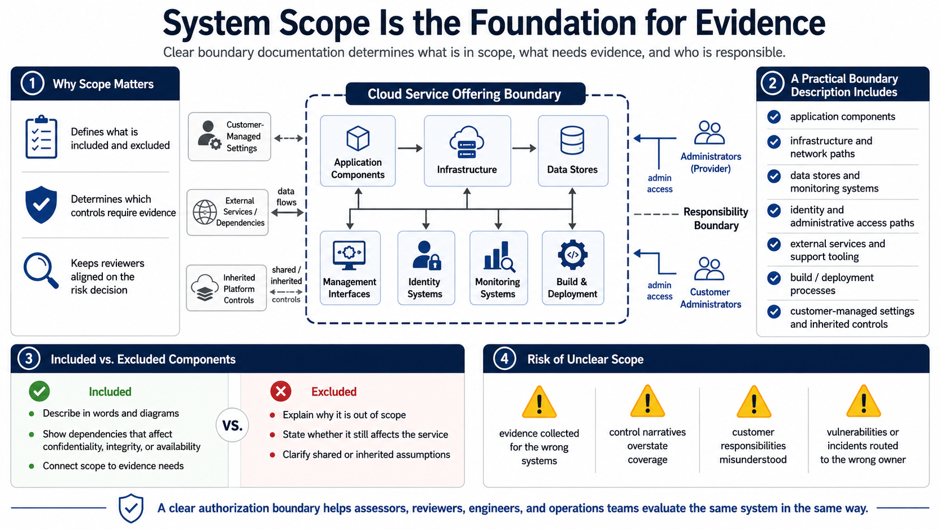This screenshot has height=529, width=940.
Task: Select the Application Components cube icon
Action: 358,138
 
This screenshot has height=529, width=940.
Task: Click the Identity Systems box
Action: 426,268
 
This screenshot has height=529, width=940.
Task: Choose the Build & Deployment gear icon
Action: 572,255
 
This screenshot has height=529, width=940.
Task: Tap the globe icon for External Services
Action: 205,212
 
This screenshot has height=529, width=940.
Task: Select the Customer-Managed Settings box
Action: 229,137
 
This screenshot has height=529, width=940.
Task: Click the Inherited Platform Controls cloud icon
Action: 205,288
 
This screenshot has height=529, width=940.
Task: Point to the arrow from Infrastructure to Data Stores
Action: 524,148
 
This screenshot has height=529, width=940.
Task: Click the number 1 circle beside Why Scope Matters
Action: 33,84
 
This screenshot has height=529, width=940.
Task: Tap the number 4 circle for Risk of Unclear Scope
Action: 504,359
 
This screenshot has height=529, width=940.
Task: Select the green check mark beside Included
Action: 39,391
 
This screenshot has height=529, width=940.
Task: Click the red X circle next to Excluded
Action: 281,391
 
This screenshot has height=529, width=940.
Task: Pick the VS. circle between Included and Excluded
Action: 233,426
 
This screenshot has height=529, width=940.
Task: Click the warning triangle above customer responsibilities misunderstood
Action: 754,401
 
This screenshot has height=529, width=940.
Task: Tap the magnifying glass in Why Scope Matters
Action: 40,270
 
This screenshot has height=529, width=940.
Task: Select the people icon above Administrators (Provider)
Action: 709,133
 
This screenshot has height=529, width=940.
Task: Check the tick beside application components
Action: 774,116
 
